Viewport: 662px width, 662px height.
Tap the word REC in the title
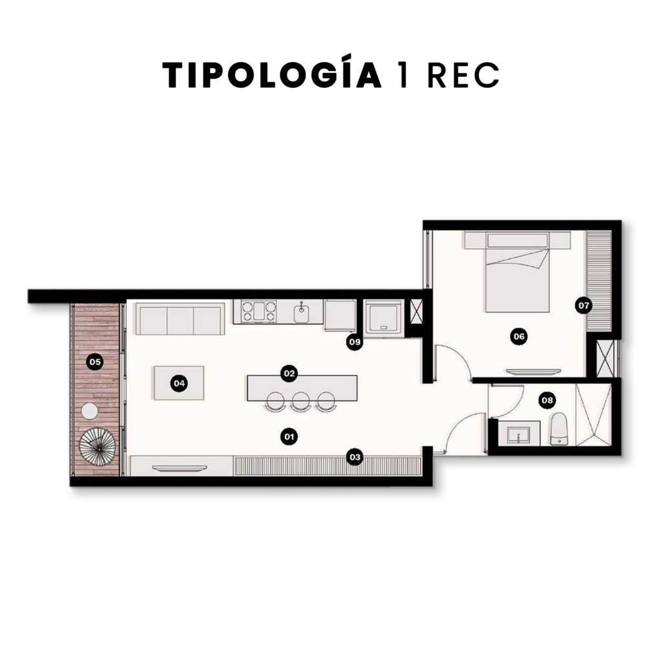coord(464,76)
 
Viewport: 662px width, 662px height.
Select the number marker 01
coord(289,436)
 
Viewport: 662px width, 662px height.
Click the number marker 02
coord(289,373)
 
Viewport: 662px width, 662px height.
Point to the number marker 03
coord(355,457)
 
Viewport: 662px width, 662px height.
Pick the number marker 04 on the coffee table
coord(180,383)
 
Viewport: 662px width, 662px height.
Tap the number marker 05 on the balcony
coord(95,362)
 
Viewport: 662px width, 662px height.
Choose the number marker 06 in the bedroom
coord(519,336)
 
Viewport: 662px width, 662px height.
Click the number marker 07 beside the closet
coord(584,305)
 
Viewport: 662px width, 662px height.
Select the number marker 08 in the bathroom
coord(547,400)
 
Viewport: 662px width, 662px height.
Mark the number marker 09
coord(355,341)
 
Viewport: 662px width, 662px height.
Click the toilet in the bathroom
coord(559,429)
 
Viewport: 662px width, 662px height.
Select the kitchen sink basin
coord(301,313)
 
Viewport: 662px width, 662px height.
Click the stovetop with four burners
coord(259,312)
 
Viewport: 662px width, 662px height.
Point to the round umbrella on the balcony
coord(97,447)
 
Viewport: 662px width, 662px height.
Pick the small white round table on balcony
coord(89,411)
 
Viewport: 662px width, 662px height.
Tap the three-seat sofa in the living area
coord(180,319)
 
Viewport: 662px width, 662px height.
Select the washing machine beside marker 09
coord(383,318)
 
